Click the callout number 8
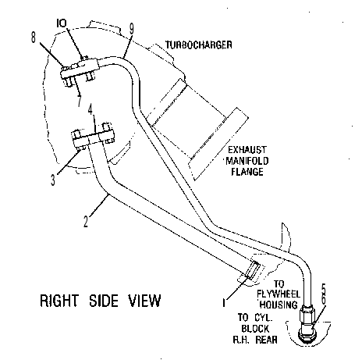pos(33,37)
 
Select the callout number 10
pos(62,23)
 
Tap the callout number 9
pos(132,29)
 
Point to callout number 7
pos(80,101)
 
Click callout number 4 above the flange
pos(90,109)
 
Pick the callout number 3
pos(53,180)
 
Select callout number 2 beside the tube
pos(86,222)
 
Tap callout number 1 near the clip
pos(224,303)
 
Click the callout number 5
pos(324,289)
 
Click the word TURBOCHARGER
pos(199,45)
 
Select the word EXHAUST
pos(247,150)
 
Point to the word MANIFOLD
pos(247,161)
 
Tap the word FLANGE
pos(247,172)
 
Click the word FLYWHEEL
pos(279,294)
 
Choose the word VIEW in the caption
pos(144,301)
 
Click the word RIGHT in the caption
pos(59,301)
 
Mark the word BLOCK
pos(255,329)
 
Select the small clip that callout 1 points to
pos(253,270)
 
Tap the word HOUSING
pos(279,305)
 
